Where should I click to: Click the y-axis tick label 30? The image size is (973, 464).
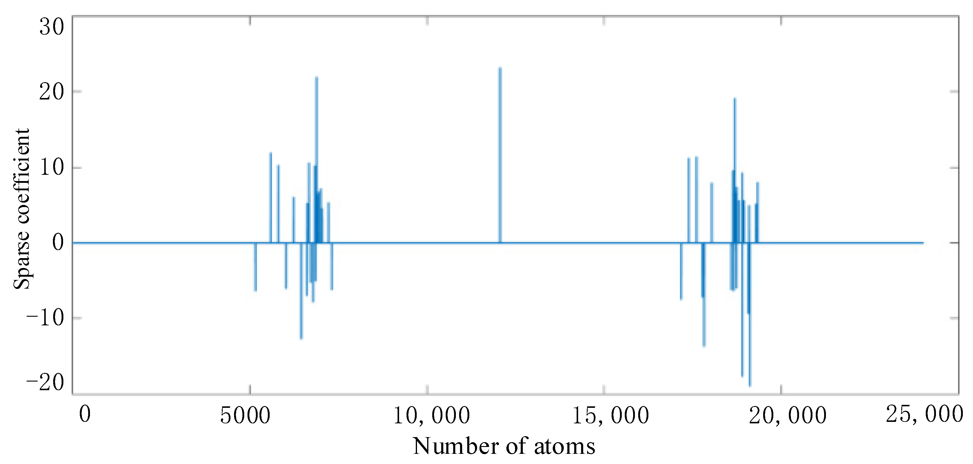52,27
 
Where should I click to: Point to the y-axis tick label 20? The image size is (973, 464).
52,92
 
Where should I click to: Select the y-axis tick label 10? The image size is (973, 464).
52,167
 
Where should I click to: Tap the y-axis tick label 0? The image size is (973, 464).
58,242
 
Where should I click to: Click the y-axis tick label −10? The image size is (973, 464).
45,318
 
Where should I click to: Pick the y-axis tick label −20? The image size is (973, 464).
45,383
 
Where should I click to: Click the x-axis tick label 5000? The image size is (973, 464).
245,416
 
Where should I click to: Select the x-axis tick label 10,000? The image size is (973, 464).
431,416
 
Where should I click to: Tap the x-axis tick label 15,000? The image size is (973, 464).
611,416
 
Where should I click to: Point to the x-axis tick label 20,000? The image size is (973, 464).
788,416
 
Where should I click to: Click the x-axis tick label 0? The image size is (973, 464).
85,414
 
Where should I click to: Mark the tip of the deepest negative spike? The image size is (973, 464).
750,386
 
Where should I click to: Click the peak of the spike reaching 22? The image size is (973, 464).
317,77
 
